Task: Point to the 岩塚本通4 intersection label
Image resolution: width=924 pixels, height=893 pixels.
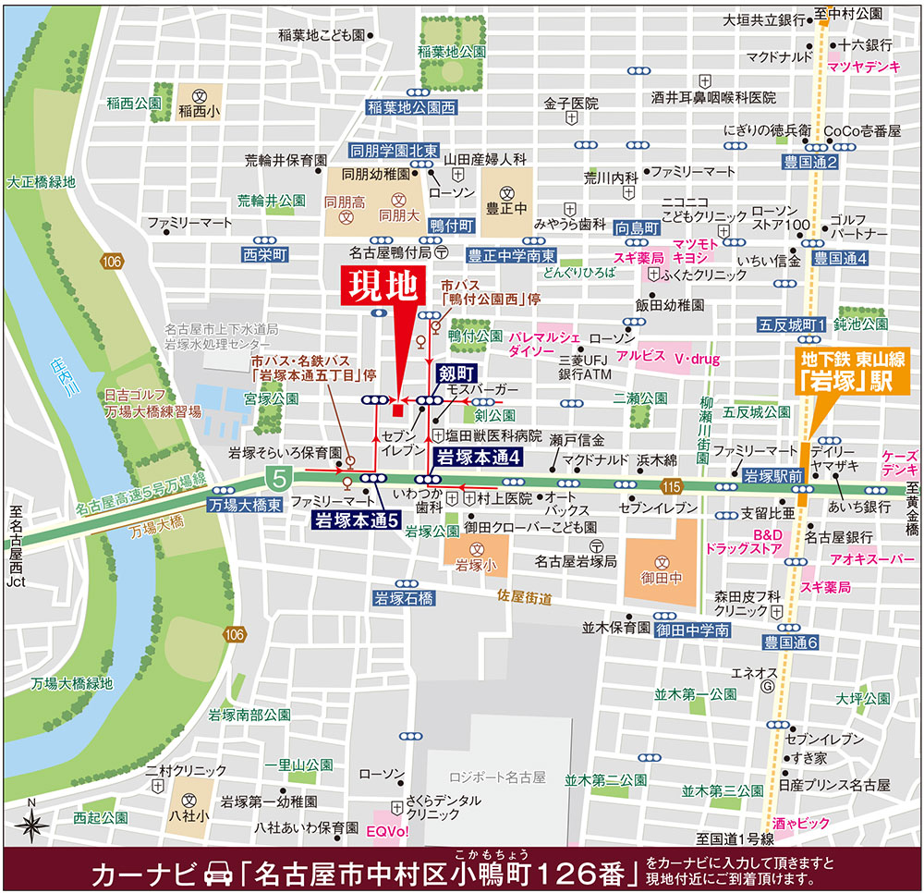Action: (480, 457)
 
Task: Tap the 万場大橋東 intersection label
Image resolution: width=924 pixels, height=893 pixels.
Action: (238, 506)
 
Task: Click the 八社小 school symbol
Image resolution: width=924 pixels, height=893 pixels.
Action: (190, 800)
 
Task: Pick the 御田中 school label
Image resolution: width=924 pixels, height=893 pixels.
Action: (662, 579)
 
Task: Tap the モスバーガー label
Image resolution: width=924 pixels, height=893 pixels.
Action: (476, 389)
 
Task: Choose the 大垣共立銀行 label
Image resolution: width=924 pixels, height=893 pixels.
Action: (763, 19)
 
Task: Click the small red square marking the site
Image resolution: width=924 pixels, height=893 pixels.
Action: (395, 410)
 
